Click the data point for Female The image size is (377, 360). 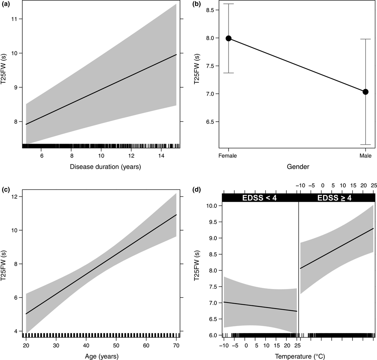[229, 38]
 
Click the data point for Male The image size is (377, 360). [365, 92]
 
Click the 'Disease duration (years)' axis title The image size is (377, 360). [101, 168]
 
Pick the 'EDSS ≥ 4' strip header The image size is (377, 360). [337, 198]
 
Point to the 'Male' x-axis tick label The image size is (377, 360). [365, 156]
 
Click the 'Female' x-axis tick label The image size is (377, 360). [229, 156]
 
